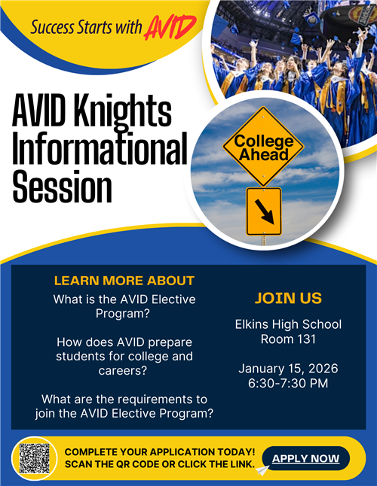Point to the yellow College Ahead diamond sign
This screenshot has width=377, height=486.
262,147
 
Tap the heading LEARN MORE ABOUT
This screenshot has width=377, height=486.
124,281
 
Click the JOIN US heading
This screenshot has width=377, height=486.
288,299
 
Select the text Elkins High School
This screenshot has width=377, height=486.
288,324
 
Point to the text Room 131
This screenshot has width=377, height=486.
288,339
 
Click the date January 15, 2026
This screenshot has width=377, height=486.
288,369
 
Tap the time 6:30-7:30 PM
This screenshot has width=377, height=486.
288,383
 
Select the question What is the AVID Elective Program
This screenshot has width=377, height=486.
124,306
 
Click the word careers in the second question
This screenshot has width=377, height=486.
124,370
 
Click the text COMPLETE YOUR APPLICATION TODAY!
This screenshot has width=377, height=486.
160,451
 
